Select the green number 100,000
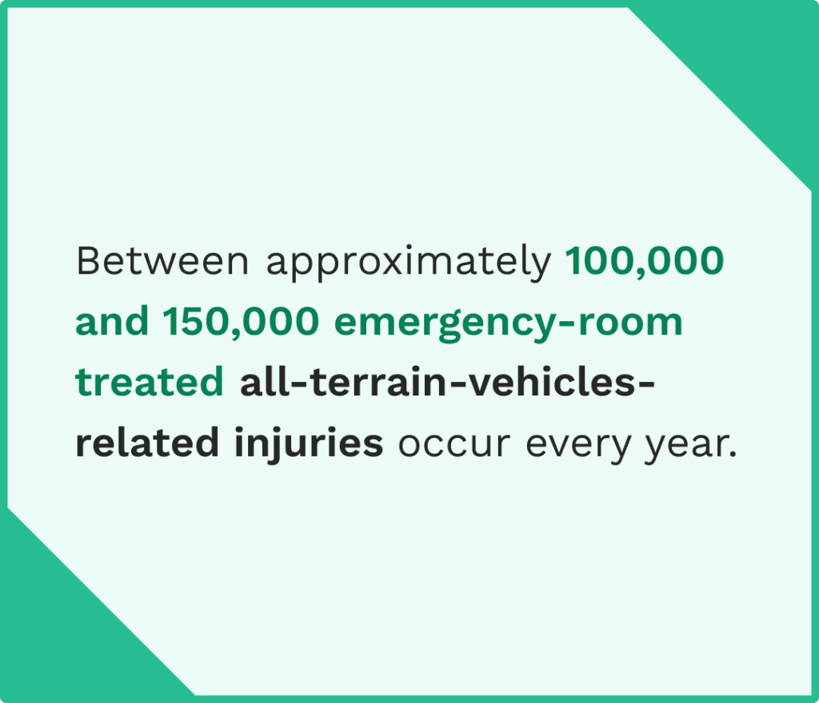pyautogui.click(x=645, y=262)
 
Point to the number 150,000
pyautogui.click(x=241, y=323)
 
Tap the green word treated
pyautogui.click(x=150, y=384)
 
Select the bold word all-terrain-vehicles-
pyautogui.click(x=447, y=383)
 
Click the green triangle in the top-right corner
pyautogui.click(x=752, y=56)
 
